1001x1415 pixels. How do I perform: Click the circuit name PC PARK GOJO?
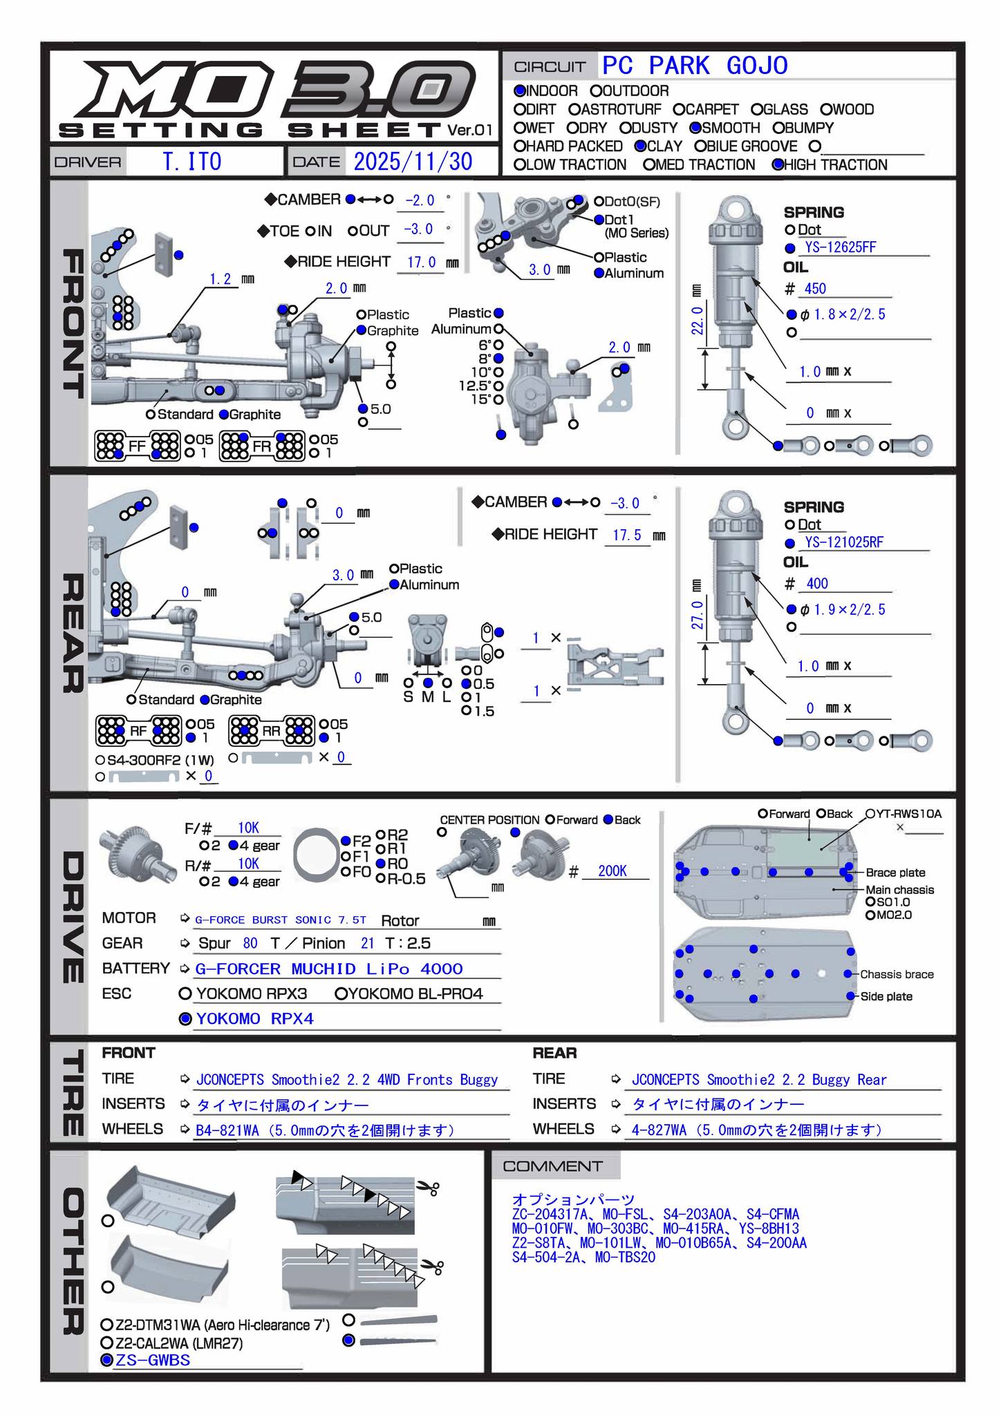click(x=695, y=66)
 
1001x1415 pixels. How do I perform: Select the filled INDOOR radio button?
click(x=520, y=91)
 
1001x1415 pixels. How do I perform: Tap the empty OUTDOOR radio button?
click(x=596, y=91)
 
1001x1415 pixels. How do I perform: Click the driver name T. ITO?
click(x=192, y=162)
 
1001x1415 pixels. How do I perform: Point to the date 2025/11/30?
click(x=413, y=162)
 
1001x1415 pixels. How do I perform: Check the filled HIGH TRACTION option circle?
click(x=778, y=165)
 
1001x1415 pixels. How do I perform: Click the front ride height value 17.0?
click(x=421, y=263)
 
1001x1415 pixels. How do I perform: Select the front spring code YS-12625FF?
click(x=841, y=248)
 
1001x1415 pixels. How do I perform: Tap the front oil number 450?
click(x=815, y=289)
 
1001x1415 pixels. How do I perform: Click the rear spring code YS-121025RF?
click(x=844, y=543)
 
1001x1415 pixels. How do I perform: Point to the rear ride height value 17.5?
click(x=627, y=535)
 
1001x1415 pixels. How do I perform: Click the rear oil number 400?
click(x=816, y=584)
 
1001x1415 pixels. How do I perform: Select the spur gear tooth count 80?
click(x=250, y=944)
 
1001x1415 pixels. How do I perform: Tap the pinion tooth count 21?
click(x=367, y=944)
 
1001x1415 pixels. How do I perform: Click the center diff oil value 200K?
click(x=612, y=871)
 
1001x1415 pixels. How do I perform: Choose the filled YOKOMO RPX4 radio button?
click(x=185, y=1019)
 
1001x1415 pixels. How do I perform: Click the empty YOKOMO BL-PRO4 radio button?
click(x=340, y=994)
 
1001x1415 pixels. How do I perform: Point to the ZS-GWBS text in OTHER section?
click(x=153, y=1360)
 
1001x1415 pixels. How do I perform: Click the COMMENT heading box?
click(x=553, y=1167)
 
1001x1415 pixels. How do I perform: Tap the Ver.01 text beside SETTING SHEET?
click(x=469, y=130)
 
